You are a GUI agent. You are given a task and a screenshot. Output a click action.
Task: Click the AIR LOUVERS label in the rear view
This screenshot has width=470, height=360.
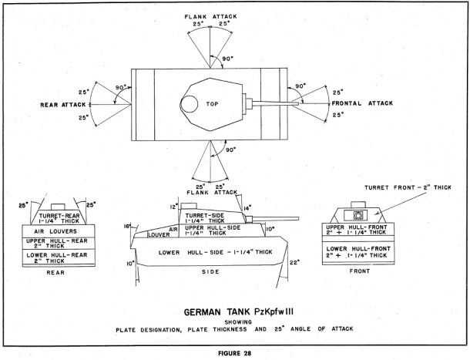(x=57, y=229)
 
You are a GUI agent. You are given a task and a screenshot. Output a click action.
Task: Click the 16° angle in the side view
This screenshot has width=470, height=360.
(x=126, y=227)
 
